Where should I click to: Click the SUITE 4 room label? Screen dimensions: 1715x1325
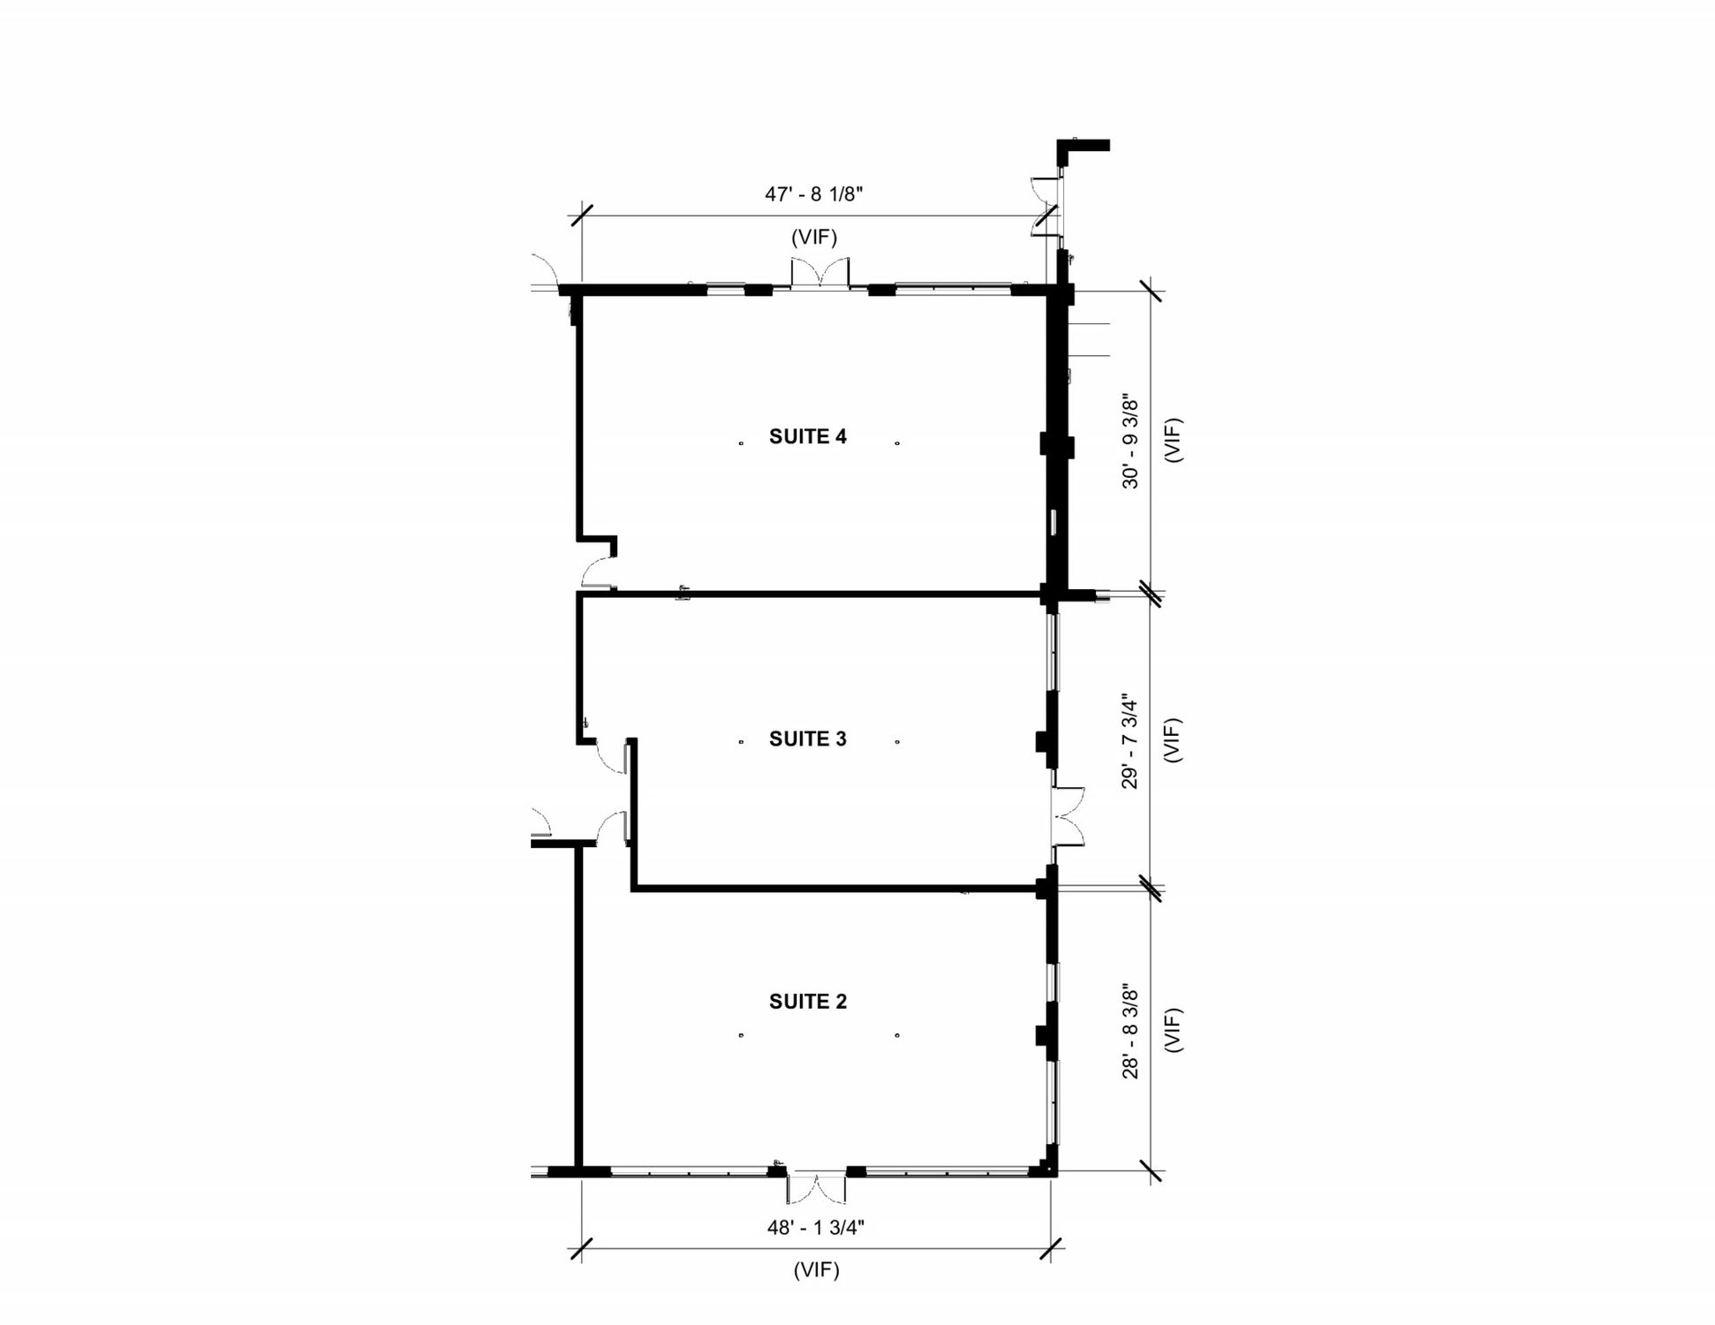(807, 436)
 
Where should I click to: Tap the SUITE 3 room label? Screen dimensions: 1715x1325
(807, 739)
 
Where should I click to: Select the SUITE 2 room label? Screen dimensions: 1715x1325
(807, 1002)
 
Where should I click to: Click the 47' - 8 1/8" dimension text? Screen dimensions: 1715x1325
(813, 194)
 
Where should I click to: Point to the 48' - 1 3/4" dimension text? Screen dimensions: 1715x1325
(815, 1227)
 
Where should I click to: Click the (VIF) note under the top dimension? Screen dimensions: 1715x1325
(813, 237)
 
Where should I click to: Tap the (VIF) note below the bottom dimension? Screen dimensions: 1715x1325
(816, 1270)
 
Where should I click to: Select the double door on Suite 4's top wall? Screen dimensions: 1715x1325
(820, 272)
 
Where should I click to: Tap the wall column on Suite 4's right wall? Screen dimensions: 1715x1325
(1057, 444)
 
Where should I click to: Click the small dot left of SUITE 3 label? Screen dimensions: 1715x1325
(741, 742)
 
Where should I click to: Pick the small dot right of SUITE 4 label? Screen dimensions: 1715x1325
(897, 443)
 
